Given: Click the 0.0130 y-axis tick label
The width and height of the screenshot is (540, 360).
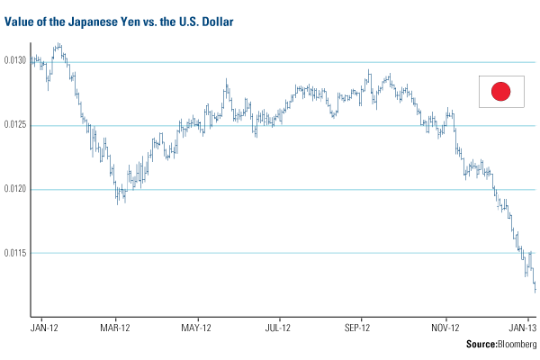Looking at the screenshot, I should pos(14,60).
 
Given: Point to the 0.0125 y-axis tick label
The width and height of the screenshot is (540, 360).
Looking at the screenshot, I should pos(14,124).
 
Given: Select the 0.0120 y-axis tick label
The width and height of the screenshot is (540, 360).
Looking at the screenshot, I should pos(14,189).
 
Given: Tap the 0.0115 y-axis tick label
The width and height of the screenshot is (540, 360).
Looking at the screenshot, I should pos(14,253).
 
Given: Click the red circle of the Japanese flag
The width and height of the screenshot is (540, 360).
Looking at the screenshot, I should pos(501,90).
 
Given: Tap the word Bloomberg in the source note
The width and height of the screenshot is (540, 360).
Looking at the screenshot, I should pos(511,345).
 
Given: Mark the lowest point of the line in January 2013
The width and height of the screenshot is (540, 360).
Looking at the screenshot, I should pos(535,291).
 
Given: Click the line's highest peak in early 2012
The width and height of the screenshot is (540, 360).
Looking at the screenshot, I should pos(58,42).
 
